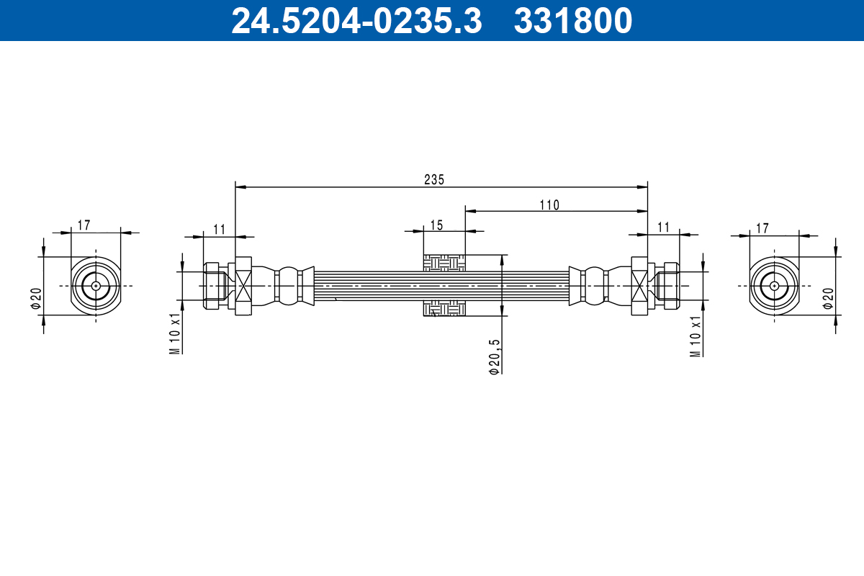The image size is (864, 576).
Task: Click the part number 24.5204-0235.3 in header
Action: (356, 21)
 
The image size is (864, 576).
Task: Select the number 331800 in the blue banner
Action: (572, 21)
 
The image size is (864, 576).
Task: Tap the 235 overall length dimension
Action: (434, 180)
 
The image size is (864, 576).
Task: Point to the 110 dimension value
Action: (549, 204)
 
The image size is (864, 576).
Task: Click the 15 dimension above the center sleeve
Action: (436, 225)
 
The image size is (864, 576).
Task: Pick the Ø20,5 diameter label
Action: (494, 356)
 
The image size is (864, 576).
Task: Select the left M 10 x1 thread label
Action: (174, 333)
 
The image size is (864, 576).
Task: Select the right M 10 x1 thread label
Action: (696, 336)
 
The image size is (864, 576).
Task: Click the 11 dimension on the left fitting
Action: (219, 229)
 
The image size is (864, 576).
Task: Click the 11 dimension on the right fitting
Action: (663, 228)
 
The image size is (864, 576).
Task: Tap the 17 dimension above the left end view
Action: (84, 225)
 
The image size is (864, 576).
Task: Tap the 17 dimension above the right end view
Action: (762, 228)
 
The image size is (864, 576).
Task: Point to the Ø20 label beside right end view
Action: (828, 297)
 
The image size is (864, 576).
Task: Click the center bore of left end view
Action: (95, 286)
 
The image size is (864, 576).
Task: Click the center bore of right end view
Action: (774, 286)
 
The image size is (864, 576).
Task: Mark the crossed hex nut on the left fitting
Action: (243, 286)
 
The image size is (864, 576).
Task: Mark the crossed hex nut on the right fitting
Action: (639, 286)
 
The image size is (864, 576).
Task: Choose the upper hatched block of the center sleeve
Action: (444, 263)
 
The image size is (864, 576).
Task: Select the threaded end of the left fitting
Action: (212, 286)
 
